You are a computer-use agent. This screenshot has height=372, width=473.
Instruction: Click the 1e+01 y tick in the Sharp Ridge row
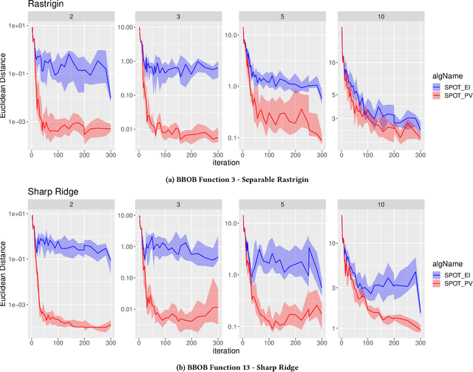[17, 214]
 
